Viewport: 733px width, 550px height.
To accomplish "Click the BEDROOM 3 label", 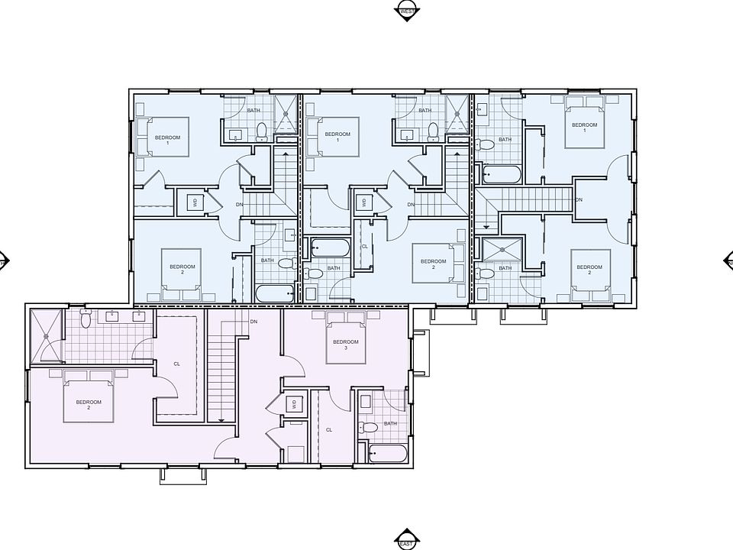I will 345,345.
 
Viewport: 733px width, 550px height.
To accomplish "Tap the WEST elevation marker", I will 407,11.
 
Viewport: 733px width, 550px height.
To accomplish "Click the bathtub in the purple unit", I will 386,454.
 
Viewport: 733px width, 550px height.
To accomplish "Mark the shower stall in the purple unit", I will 45,335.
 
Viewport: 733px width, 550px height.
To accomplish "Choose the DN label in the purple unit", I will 253,322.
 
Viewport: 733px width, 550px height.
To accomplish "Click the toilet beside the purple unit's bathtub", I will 367,428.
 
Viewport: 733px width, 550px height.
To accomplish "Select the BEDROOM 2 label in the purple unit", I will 89,404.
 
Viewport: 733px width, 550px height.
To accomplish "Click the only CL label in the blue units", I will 364,246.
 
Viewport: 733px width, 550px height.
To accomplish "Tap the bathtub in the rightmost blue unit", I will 501,175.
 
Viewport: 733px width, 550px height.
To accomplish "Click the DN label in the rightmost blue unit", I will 579,199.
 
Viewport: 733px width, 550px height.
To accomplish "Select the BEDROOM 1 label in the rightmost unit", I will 584,127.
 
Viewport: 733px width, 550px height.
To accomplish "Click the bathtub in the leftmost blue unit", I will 273,293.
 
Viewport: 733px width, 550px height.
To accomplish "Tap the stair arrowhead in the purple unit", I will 220,419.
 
